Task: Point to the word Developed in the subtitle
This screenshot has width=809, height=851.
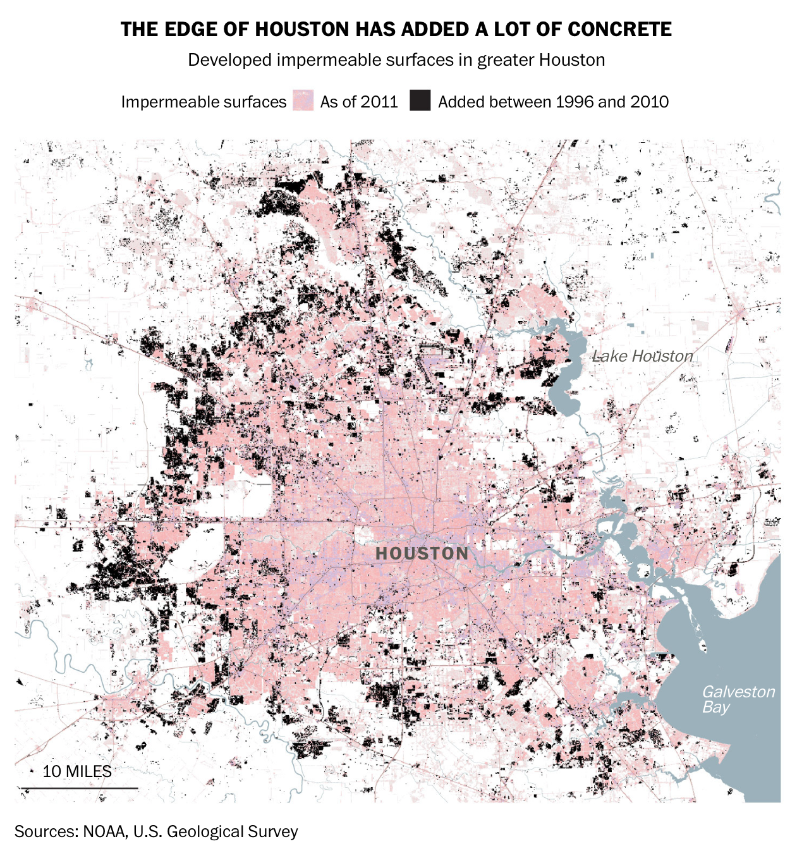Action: pyautogui.click(x=229, y=60)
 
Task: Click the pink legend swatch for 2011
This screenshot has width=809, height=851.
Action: pyautogui.click(x=303, y=101)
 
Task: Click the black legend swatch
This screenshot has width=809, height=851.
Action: pyautogui.click(x=420, y=101)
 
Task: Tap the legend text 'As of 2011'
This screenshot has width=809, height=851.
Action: pyautogui.click(x=359, y=102)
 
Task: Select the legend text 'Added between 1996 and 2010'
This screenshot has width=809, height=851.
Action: pyautogui.click(x=553, y=102)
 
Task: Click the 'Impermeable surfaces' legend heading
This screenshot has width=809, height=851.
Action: pyautogui.click(x=204, y=102)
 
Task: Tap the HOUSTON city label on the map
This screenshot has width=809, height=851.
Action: pyautogui.click(x=422, y=554)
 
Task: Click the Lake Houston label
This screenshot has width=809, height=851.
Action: pyautogui.click(x=643, y=356)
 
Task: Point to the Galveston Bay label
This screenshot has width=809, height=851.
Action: pyautogui.click(x=738, y=699)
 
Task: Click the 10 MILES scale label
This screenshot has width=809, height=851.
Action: pyautogui.click(x=77, y=771)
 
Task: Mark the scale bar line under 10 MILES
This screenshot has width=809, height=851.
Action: pyautogui.click(x=79, y=788)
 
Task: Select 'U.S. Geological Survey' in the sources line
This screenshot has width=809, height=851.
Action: pyautogui.click(x=216, y=831)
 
